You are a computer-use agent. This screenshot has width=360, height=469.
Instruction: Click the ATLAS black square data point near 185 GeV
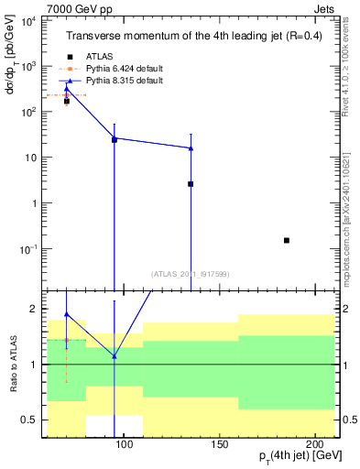click(287, 240)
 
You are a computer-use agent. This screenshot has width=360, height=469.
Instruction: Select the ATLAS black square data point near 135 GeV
click(191, 184)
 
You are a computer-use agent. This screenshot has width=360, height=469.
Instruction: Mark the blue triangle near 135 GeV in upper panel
click(191, 147)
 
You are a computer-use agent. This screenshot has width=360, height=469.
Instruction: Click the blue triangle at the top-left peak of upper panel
click(66, 88)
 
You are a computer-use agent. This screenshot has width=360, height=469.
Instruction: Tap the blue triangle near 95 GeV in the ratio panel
click(114, 356)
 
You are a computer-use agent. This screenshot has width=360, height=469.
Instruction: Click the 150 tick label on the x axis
click(219, 445)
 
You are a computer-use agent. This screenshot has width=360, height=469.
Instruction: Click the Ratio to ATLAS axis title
click(13, 364)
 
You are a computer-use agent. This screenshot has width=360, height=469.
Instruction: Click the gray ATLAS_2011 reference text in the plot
click(189, 273)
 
